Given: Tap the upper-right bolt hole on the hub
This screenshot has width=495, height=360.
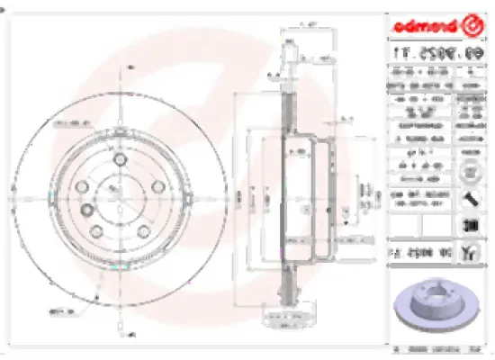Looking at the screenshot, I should (x=155, y=185).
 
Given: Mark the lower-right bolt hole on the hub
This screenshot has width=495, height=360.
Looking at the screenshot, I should (x=142, y=225).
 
